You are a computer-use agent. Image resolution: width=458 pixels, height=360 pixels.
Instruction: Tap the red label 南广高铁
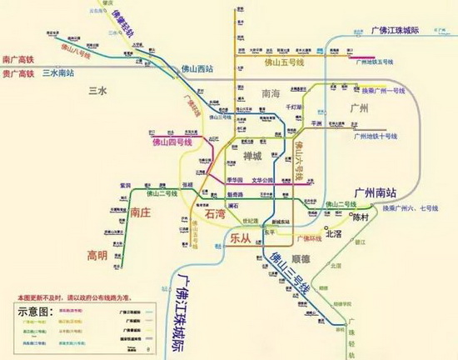pyautogui.click(x=20, y=60)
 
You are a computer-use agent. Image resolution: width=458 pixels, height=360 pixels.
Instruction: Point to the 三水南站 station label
pyautogui.click(x=59, y=73)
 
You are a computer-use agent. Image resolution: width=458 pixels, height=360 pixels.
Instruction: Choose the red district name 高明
pyautogui.click(x=98, y=252)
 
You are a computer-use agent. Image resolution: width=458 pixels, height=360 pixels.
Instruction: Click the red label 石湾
pyautogui.click(x=215, y=215)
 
